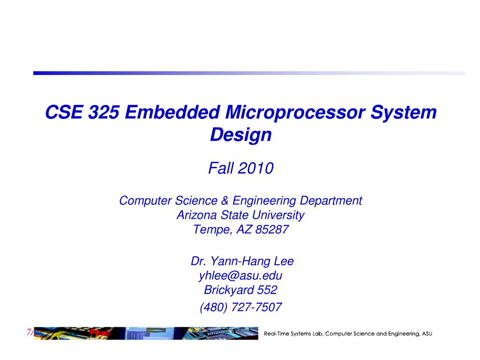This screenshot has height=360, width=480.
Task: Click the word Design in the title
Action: (241, 135)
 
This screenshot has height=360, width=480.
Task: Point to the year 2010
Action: (255, 168)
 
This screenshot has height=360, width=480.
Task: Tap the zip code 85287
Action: (272, 230)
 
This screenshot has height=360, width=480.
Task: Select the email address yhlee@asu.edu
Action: (240, 276)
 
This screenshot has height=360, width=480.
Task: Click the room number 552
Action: (267, 290)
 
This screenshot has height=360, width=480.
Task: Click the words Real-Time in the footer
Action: (277, 334)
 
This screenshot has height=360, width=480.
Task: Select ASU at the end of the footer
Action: (427, 334)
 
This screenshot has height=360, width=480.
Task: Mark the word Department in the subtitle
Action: (331, 201)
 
